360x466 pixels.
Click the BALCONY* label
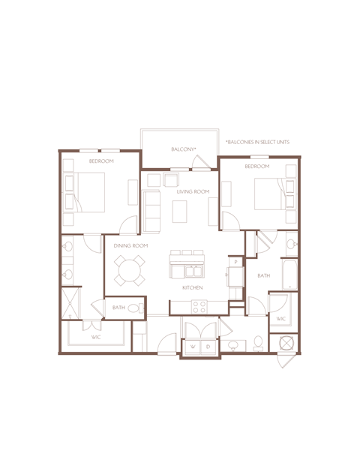[184, 149]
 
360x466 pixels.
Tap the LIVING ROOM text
[193, 192]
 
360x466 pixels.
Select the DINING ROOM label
[130, 246]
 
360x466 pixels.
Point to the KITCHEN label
[193, 288]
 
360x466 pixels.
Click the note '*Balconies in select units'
[256, 142]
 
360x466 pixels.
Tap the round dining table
[130, 270]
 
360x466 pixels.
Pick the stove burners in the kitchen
[199, 306]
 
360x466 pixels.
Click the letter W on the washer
[193, 347]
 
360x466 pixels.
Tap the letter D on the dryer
[208, 347]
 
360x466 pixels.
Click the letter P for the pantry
[235, 263]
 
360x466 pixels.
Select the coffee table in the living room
[181, 213]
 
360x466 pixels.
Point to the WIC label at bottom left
[96, 338]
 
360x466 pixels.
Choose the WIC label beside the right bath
[281, 320]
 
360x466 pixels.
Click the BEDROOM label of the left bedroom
[101, 161]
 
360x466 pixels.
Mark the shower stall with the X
[70, 303]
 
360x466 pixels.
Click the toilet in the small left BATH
[133, 308]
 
